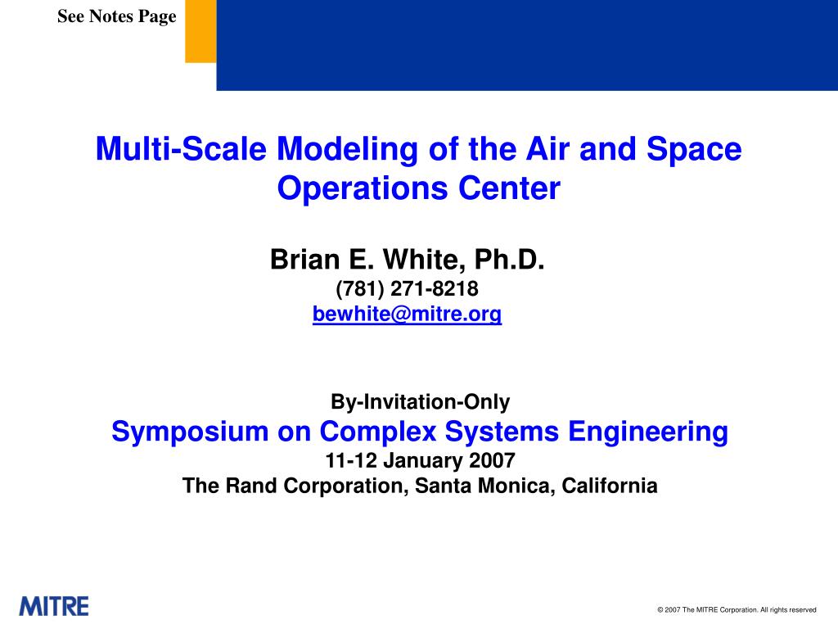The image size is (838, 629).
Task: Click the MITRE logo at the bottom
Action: pyautogui.click(x=54, y=606)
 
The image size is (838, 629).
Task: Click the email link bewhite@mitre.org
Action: pyautogui.click(x=408, y=314)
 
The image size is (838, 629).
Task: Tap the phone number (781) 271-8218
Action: pyautogui.click(x=408, y=289)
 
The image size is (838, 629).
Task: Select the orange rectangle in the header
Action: pyautogui.click(x=201, y=31)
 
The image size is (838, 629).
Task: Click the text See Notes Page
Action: pyautogui.click(x=117, y=16)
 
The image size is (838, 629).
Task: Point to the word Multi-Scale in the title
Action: pyautogui.click(x=181, y=148)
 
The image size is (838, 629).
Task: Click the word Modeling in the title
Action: pyautogui.click(x=347, y=149)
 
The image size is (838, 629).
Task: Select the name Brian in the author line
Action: pyautogui.click(x=305, y=260)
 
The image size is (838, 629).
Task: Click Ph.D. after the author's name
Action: pyautogui.click(x=509, y=260)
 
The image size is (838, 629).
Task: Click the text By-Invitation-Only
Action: pyautogui.click(x=421, y=401)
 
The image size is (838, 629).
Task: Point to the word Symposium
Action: pyautogui.click(x=190, y=432)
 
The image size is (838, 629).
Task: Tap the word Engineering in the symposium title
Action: pyautogui.click(x=648, y=432)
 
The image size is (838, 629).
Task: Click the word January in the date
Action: pyautogui.click(x=423, y=460)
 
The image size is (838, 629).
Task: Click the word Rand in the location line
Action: pyautogui.click(x=251, y=486)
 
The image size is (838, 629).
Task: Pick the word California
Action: pyautogui.click(x=610, y=486)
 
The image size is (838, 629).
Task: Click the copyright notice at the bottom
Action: pyautogui.click(x=737, y=609)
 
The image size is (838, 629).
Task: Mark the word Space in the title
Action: pyautogui.click(x=694, y=149)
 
